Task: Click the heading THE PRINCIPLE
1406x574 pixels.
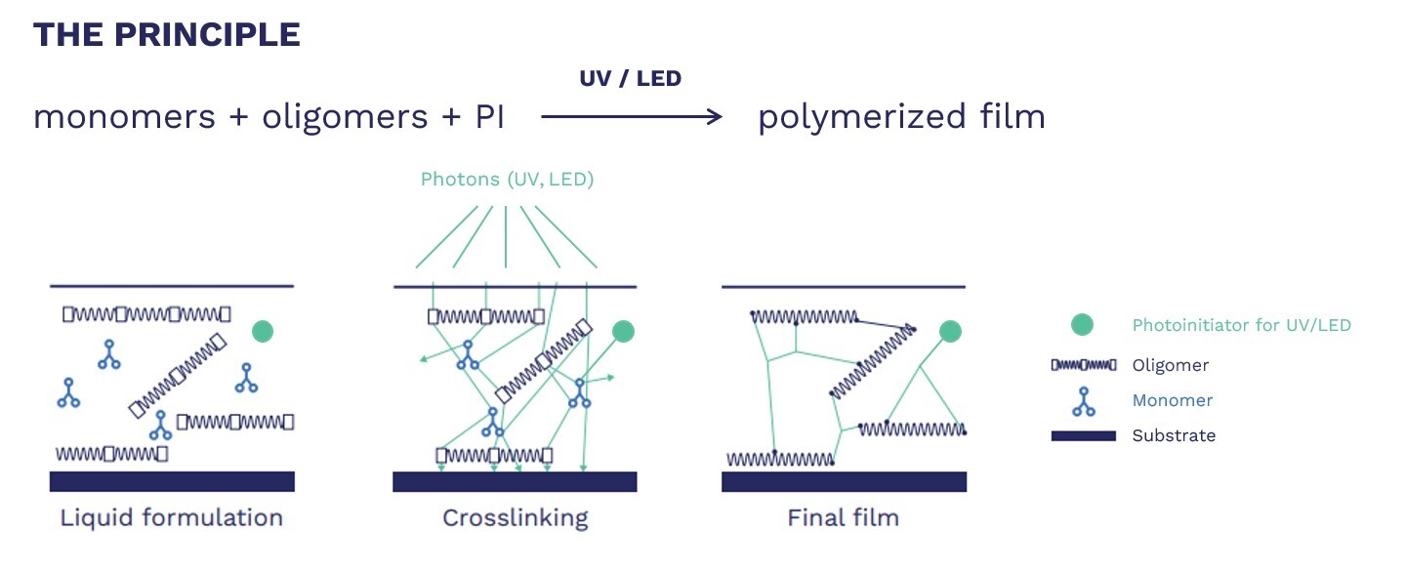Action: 166,35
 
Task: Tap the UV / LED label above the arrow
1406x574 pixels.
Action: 630,79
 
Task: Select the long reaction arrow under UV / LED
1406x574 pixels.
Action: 631,117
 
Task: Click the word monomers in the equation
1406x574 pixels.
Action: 124,117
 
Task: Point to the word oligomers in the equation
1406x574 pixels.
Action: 345,117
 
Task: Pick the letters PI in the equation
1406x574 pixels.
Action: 489,117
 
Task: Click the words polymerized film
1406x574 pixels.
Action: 901,117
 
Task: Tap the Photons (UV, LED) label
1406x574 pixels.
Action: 507,180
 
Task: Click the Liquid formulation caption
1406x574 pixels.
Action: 172,517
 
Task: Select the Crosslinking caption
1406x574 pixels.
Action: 516,517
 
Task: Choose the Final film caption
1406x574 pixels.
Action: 843,517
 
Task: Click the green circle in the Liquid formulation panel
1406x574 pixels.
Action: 262,332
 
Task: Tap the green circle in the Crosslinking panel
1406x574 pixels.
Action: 623,332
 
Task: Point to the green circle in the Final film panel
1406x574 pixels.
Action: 950,332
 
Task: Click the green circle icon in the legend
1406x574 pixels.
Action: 1081,325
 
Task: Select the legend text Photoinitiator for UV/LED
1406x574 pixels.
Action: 1241,326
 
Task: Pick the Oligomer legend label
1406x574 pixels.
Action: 1171,366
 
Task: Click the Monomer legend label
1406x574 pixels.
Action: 1172,400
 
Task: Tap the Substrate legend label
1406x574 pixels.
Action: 1174,435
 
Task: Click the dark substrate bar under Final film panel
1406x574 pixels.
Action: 844,481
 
